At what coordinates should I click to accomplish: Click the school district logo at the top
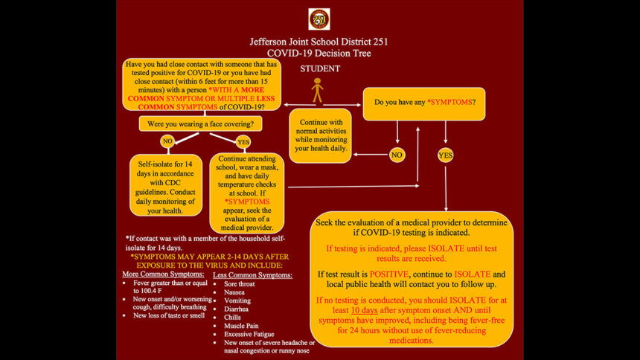(319, 19)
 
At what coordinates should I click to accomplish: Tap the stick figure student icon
(318, 90)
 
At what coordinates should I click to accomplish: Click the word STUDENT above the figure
(320, 68)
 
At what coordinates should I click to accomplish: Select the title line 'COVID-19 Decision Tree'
(319, 53)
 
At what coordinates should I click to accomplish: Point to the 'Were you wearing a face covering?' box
(199, 123)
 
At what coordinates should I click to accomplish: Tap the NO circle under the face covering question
(167, 141)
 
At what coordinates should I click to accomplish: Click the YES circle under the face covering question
(243, 142)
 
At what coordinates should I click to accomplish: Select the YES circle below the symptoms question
(446, 155)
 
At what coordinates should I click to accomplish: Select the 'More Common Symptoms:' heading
(162, 274)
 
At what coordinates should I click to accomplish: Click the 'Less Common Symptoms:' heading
(253, 275)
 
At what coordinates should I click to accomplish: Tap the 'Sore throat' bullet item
(240, 284)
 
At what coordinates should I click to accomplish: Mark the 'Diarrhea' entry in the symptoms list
(237, 309)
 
